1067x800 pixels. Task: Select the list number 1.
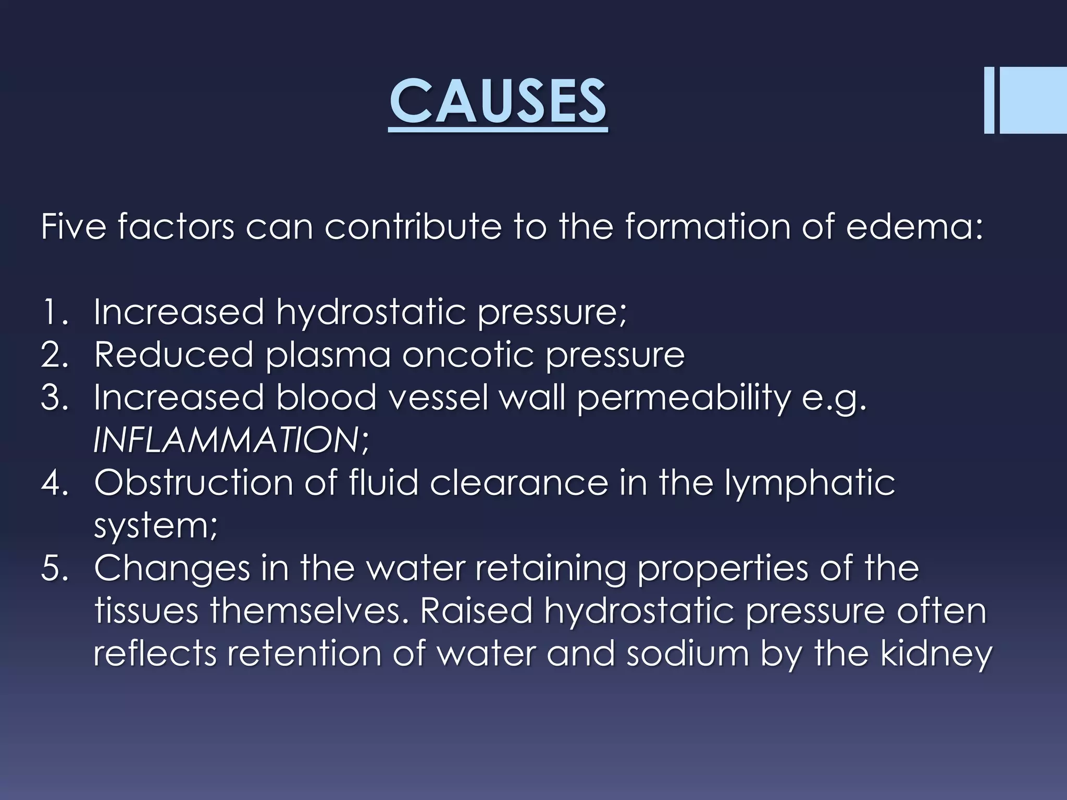[54, 312]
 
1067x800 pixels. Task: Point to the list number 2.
[54, 355]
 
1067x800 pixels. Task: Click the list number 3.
[54, 398]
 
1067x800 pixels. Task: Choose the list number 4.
[54, 483]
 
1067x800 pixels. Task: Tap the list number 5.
[54, 569]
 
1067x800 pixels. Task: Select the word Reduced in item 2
[174, 355]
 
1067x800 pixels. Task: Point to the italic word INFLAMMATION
[226, 441]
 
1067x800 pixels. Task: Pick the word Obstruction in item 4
[193, 483]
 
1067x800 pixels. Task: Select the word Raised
[476, 611]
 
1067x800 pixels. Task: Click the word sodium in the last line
[687, 654]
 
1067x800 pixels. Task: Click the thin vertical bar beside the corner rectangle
[989, 108]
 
